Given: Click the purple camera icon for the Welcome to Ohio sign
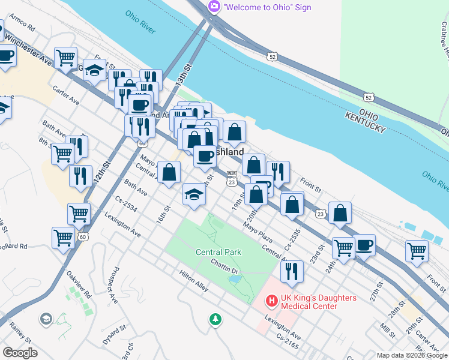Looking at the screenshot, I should pos(214,7).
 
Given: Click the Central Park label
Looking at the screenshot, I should pos(218,252).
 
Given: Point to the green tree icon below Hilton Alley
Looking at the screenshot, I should pos(215,319).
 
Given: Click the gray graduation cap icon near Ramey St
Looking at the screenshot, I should pos(46,318).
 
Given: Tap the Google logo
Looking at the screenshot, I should pos(20,353).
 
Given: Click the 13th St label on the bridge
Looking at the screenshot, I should pos(184,77).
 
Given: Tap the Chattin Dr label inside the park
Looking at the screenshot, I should pos(225,265).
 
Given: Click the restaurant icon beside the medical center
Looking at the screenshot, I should pos(292,271).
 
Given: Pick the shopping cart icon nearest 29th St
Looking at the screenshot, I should pos(417,250).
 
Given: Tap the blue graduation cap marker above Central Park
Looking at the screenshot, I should pos(193,194).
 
